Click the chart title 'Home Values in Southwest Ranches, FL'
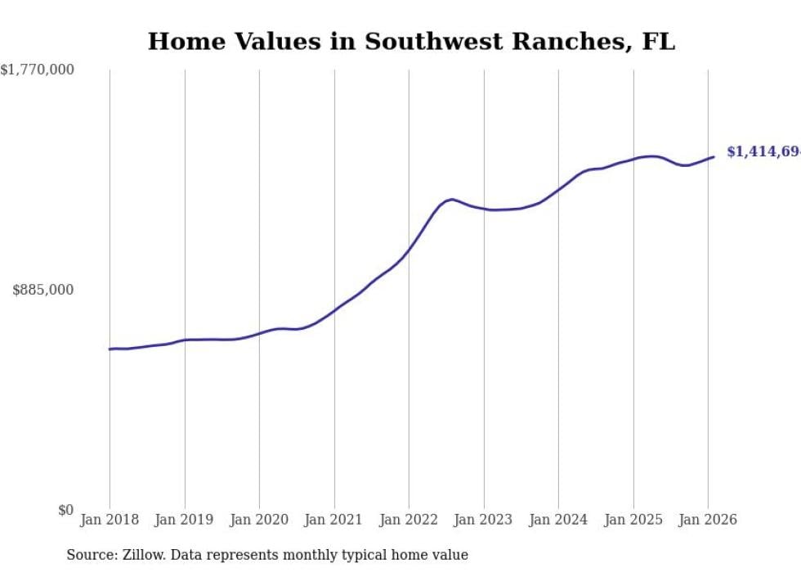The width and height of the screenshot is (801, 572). [x=411, y=42]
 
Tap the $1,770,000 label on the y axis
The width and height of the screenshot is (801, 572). [x=38, y=70]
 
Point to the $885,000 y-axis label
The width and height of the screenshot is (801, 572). [x=43, y=290]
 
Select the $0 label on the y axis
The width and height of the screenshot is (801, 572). [x=65, y=510]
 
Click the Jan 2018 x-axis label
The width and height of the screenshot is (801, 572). [x=110, y=520]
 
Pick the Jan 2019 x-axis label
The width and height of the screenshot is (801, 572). [x=185, y=520]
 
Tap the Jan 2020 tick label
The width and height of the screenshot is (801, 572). [x=259, y=520]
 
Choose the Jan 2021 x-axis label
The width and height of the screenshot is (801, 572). [x=334, y=520]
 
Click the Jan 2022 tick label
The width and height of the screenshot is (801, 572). [x=409, y=520]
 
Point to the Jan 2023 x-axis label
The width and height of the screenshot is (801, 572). [x=484, y=520]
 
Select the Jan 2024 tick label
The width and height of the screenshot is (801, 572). [x=558, y=520]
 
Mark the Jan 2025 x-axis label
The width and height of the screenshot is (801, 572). [x=633, y=520]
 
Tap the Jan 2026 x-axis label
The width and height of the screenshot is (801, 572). [x=708, y=520]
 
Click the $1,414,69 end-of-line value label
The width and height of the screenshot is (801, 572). [x=763, y=152]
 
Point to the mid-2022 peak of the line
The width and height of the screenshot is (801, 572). [x=452, y=199]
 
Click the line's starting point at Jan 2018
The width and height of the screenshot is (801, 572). [x=110, y=349]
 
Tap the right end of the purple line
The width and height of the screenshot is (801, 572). [x=714, y=156]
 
